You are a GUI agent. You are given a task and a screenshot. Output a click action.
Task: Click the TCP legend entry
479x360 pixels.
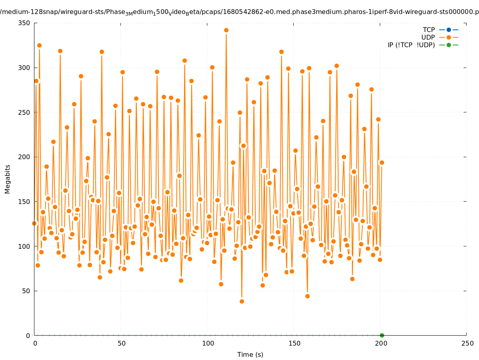429,30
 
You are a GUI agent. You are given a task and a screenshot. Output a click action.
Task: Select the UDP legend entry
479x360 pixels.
428,37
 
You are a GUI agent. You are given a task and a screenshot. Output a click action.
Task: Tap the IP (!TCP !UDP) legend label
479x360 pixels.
411,45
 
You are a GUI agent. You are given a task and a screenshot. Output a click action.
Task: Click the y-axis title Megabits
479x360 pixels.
8,179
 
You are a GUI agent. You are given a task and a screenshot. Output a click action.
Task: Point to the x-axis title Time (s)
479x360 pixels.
250,354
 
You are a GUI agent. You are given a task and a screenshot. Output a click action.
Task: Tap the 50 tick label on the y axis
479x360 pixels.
26,291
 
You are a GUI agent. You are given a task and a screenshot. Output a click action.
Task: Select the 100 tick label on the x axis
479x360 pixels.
208,343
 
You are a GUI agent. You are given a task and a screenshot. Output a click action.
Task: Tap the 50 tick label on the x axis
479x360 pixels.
121,343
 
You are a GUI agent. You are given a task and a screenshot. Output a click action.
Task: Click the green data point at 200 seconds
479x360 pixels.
382,335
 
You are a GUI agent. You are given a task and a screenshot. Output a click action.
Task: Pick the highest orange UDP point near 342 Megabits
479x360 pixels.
226,30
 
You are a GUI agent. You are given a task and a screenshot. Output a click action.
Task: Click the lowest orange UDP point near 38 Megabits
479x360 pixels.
242,301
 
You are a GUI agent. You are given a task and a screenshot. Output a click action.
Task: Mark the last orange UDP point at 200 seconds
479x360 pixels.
382,162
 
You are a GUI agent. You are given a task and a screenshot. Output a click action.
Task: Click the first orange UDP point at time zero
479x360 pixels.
34,223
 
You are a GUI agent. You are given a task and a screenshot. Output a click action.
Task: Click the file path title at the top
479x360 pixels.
239,12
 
